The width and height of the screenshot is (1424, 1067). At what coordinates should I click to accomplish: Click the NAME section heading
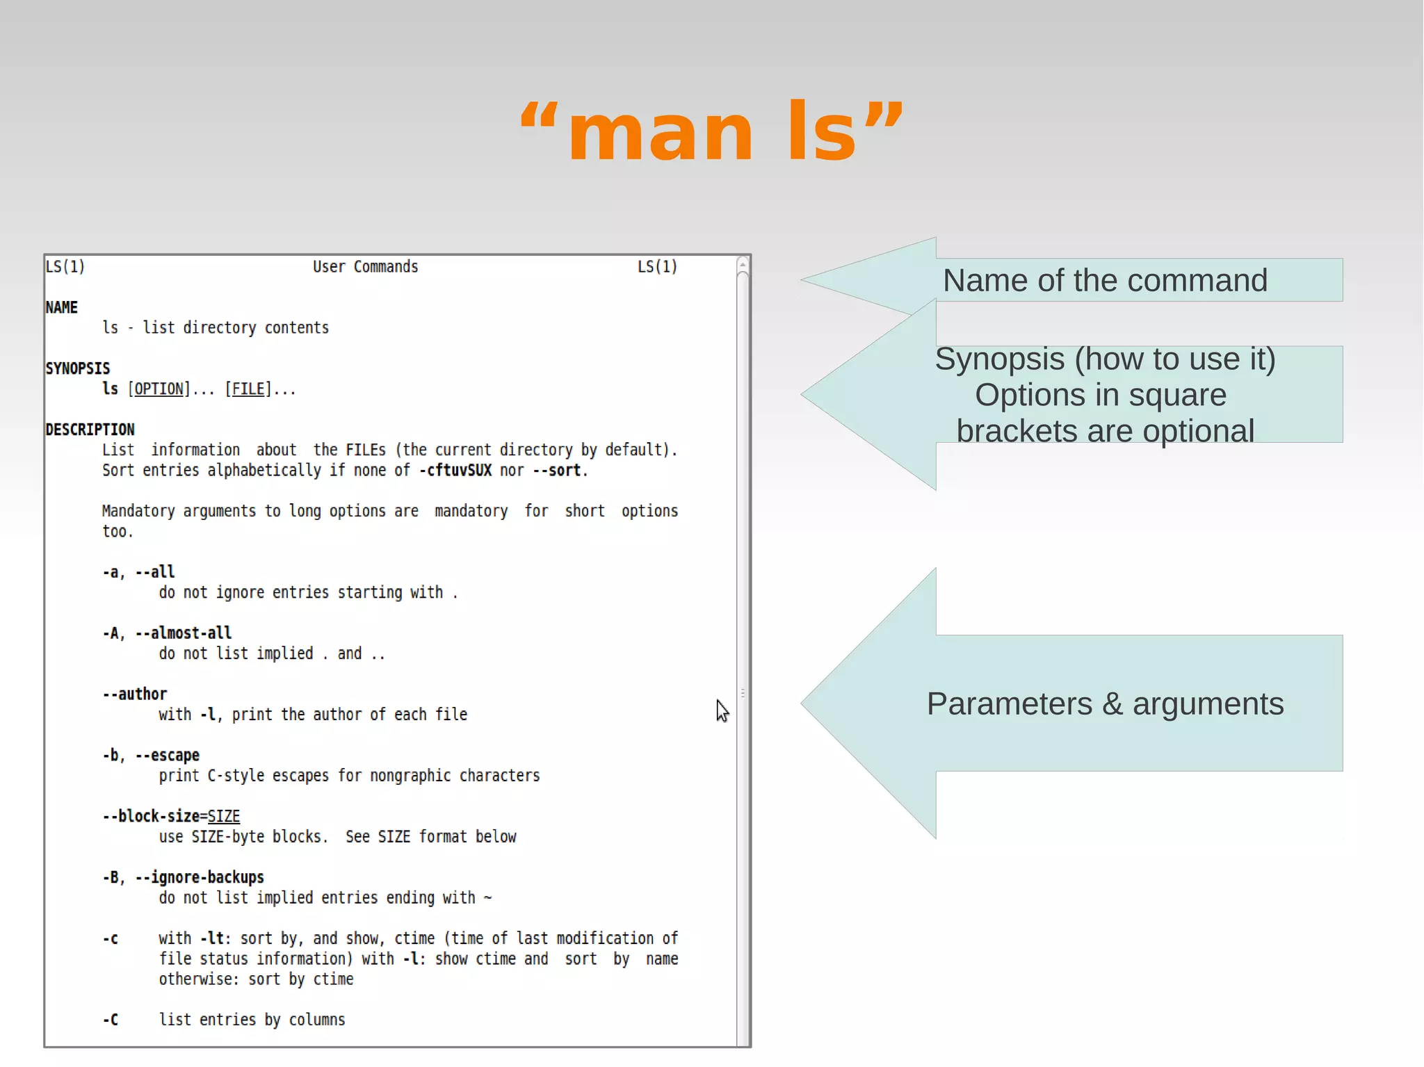point(61,307)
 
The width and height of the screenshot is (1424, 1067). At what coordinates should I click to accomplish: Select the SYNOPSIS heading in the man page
point(77,368)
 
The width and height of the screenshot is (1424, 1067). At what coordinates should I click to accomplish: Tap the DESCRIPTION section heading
point(90,430)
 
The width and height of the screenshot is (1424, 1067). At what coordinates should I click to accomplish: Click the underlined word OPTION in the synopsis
point(159,389)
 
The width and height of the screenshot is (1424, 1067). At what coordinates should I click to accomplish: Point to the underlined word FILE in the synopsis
point(248,389)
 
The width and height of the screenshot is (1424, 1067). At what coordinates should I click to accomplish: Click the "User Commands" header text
point(365,267)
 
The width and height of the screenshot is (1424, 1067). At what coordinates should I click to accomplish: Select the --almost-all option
point(184,633)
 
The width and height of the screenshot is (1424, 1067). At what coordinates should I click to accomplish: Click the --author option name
point(135,694)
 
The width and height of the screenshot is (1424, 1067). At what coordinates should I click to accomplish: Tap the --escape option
point(167,756)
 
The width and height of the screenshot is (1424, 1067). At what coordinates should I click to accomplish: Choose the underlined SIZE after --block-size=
point(223,817)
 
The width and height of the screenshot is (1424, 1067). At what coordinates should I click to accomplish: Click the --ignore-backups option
point(200,878)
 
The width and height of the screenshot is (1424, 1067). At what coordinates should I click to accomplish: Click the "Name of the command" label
point(1104,281)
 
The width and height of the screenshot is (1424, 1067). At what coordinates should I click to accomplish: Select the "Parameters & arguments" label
point(1104,704)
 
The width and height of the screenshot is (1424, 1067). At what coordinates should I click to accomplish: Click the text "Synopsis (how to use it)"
point(1104,359)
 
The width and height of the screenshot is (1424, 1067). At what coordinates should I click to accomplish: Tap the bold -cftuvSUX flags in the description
point(455,471)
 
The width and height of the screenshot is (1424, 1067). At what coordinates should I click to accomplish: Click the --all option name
point(154,572)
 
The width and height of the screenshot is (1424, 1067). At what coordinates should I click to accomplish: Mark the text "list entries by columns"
point(252,1020)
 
